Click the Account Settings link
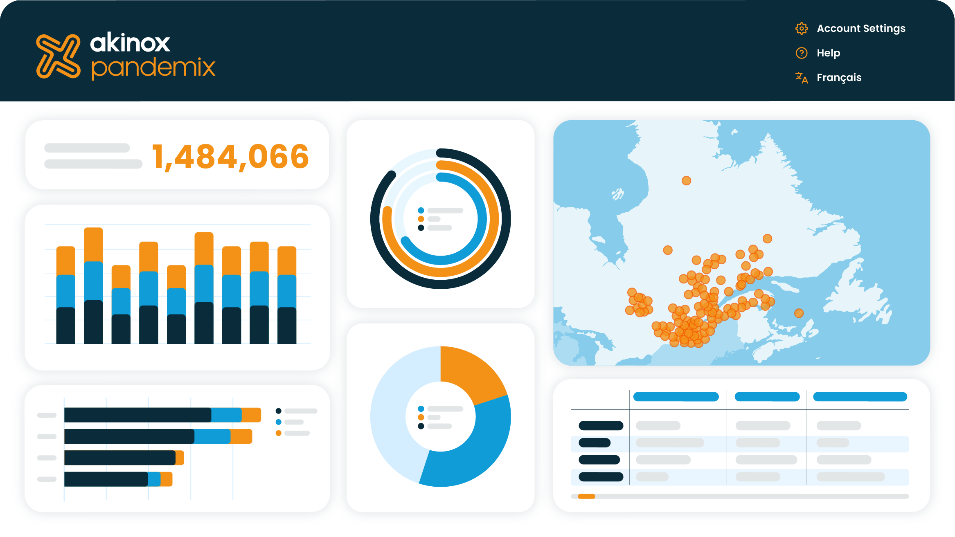[861, 29]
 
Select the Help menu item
[828, 53]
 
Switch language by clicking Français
[839, 78]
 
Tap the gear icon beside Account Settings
[802, 29]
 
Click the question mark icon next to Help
[802, 53]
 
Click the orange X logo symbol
[58, 56]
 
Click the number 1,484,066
[230, 156]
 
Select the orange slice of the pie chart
[471, 372]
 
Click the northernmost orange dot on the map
[686, 181]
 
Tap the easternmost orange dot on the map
[799, 313]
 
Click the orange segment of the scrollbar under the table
[586, 497]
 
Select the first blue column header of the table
[676, 397]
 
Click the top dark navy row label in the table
[601, 426]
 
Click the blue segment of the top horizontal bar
[226, 415]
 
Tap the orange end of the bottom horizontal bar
[166, 479]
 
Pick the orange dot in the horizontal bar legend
[279, 433]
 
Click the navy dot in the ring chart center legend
[421, 228]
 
